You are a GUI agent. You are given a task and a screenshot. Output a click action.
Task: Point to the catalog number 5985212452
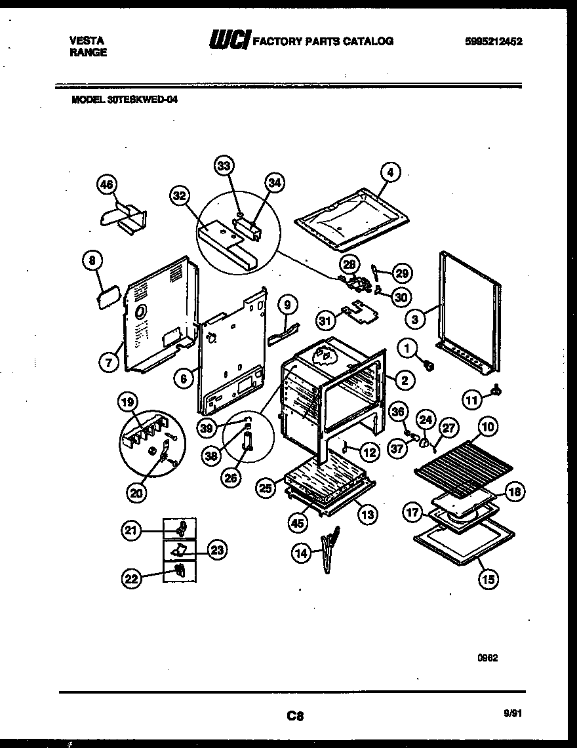pos(494,41)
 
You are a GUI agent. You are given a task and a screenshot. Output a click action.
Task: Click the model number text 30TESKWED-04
pos(144,100)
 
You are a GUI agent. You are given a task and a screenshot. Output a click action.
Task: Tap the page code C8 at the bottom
pos(294,716)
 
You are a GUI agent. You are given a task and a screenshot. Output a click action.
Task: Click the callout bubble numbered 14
pos(301,553)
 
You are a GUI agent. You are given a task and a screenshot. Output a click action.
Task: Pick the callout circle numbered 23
pos(217,551)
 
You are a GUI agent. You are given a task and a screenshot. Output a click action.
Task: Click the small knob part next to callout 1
pos(429,363)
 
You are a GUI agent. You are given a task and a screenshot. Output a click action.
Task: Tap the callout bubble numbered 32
pos(178,195)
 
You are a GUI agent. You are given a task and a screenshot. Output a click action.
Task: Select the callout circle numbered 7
pos(108,361)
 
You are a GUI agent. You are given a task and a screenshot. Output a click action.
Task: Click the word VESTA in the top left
pos(86,41)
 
